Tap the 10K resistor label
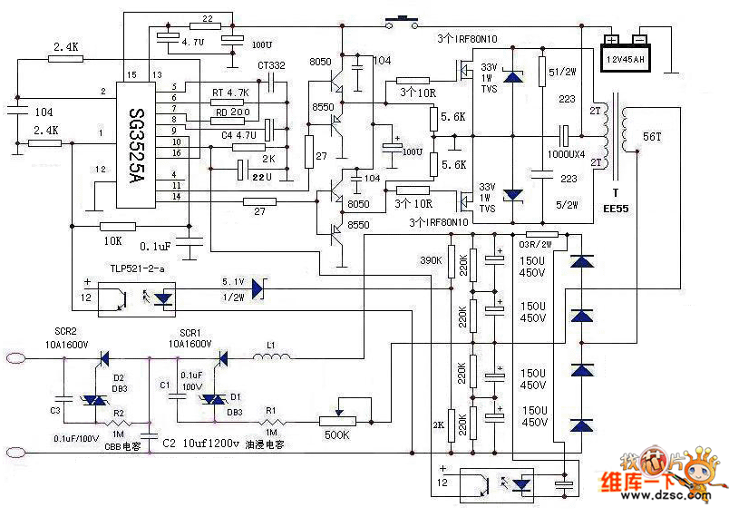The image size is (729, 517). click(112, 242)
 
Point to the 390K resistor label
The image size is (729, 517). click(431, 260)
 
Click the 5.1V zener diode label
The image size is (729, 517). click(234, 280)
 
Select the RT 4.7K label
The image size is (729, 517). click(229, 93)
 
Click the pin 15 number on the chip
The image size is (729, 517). click(132, 74)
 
